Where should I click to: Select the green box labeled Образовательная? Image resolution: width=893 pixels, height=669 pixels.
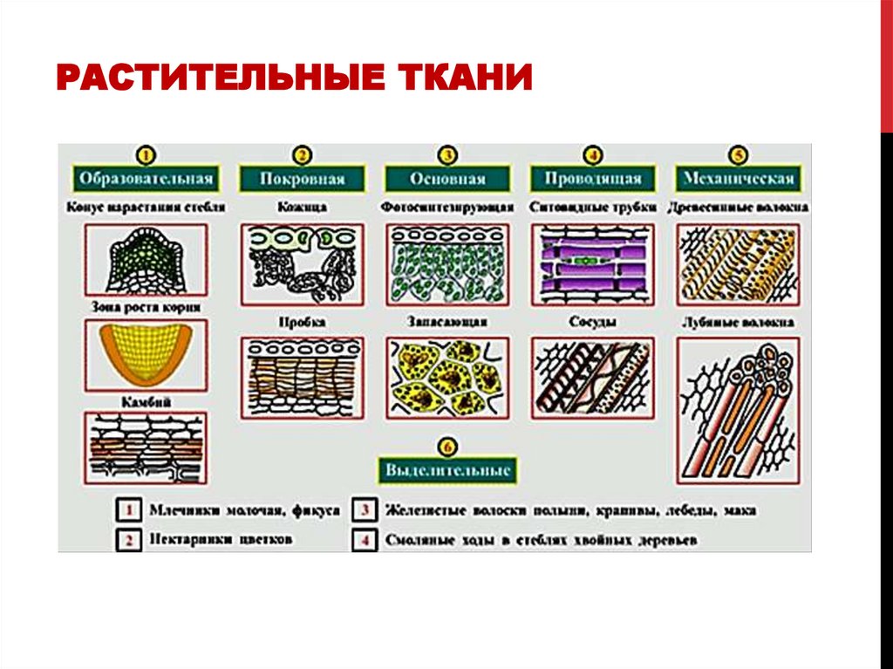click(x=146, y=179)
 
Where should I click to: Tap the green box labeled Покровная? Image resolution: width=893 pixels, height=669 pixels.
click(x=302, y=179)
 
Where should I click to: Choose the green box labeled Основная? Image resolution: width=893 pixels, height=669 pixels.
click(x=446, y=179)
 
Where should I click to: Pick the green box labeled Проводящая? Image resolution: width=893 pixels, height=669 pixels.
click(x=593, y=179)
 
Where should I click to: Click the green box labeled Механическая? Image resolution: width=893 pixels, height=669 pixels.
click(x=739, y=179)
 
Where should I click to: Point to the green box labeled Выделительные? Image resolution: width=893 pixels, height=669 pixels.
click(x=447, y=470)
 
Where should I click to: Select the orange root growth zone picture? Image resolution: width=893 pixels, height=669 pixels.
click(x=146, y=353)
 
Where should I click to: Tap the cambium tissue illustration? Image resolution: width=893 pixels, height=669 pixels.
click(x=146, y=447)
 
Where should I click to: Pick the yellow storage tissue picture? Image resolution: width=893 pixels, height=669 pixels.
click(x=446, y=377)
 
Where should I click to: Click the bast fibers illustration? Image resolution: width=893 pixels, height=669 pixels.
click(x=739, y=410)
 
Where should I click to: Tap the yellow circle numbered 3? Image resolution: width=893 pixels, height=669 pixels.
click(x=446, y=156)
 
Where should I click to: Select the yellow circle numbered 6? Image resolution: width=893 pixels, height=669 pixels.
click(x=447, y=447)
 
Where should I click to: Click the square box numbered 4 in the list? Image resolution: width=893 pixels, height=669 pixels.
click(x=365, y=540)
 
